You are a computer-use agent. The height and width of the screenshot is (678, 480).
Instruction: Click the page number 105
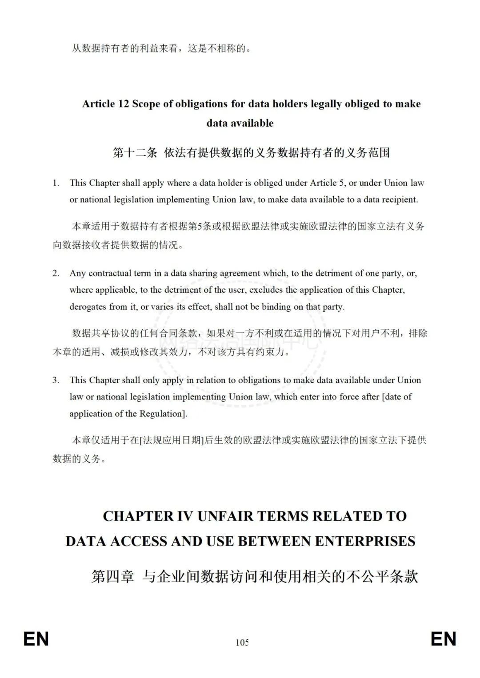pyautogui.click(x=242, y=642)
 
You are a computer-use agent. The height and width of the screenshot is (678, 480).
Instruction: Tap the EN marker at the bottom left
pyautogui.click(x=36, y=639)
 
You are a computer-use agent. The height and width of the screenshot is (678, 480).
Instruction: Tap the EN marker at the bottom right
pyautogui.click(x=443, y=639)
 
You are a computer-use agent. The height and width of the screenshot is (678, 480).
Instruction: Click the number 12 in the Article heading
pyautogui.click(x=124, y=104)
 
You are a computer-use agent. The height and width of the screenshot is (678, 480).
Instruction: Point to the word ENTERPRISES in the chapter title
pyautogui.click(x=365, y=541)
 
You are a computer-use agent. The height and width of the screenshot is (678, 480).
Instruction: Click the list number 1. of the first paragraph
pyautogui.click(x=56, y=183)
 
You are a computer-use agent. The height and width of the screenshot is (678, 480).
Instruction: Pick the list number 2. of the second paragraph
pyautogui.click(x=56, y=273)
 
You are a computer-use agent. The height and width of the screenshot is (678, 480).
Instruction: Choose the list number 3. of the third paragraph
pyautogui.click(x=56, y=380)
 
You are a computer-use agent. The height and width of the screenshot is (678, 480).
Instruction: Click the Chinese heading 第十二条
pyautogui.click(x=135, y=153)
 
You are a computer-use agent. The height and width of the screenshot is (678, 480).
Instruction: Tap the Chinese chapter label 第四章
pyautogui.click(x=112, y=577)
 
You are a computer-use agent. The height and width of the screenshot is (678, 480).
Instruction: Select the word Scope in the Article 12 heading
pyautogui.click(x=146, y=104)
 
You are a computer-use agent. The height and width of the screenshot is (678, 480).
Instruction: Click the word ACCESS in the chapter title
pyautogui.click(x=138, y=541)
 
